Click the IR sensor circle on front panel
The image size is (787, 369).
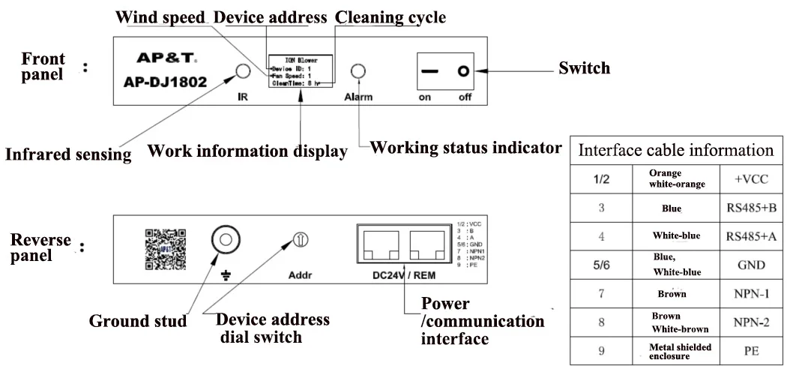pyautogui.click(x=243, y=71)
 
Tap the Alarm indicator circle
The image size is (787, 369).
pyautogui.click(x=359, y=71)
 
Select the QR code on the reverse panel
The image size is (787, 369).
pyautogui.click(x=164, y=250)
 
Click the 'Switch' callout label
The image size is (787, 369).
pyautogui.click(x=584, y=68)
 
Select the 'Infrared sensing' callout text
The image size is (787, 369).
pyautogui.click(x=68, y=155)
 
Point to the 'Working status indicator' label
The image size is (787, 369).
pyautogui.click(x=466, y=148)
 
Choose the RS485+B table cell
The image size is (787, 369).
pyautogui.click(x=747, y=209)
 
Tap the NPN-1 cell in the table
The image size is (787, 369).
pyautogui.click(x=747, y=293)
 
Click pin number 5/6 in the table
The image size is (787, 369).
pyautogui.click(x=601, y=264)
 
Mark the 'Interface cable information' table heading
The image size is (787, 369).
pyautogui.click(x=675, y=149)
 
